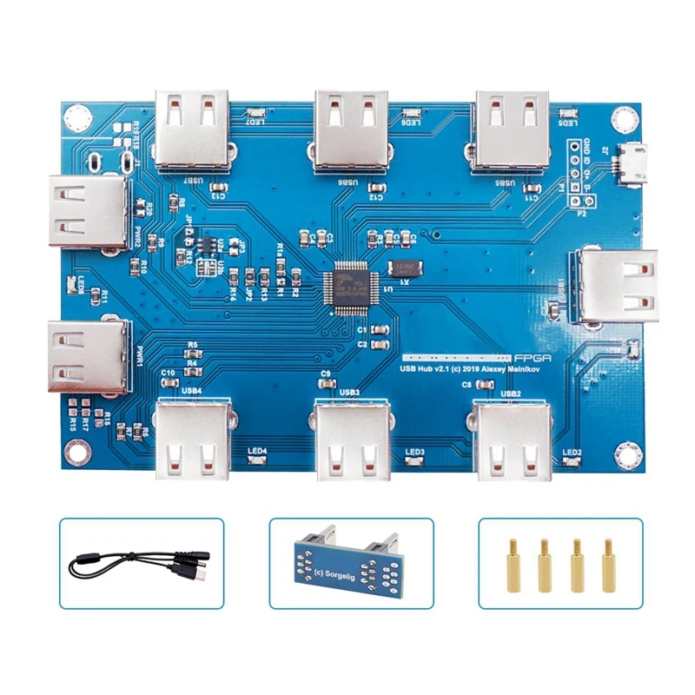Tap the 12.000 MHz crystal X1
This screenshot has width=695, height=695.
tap(405, 268)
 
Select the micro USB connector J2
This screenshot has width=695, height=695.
tap(632, 164)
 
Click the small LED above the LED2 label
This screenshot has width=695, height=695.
tap(572, 461)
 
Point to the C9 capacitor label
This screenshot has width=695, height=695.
tap(326, 374)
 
